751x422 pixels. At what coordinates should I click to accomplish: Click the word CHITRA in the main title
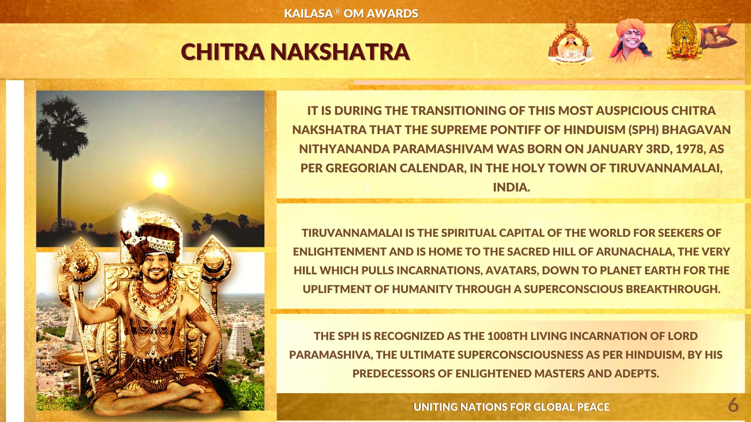click(x=223, y=52)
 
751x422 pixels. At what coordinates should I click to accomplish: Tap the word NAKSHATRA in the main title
click(x=340, y=52)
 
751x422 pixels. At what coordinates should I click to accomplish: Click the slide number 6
click(x=733, y=405)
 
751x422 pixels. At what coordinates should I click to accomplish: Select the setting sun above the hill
click(x=160, y=180)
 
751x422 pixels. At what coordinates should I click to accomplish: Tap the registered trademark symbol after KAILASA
click(x=338, y=11)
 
